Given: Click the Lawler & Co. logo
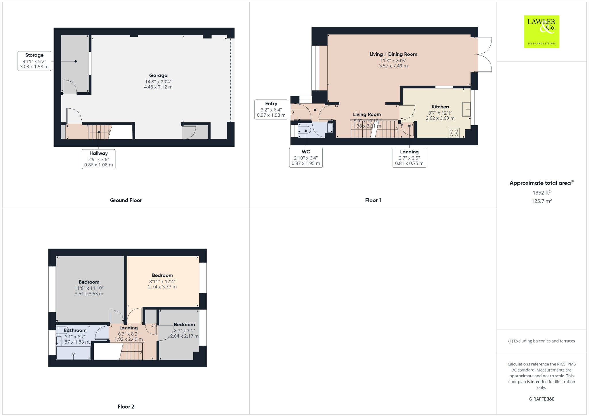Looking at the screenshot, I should tap(541, 32).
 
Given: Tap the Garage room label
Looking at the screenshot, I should tap(158, 76).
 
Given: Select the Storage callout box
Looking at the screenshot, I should tap(34, 61).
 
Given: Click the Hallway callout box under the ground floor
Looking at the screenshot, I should tap(98, 159).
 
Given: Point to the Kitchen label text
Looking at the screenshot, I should tap(440, 107).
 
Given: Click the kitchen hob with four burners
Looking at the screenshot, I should tap(454, 133).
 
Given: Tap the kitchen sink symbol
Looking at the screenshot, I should tap(466, 109).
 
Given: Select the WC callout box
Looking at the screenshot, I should tap(306, 157).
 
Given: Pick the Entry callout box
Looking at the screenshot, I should tap(271, 109).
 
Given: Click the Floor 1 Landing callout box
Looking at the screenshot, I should tap(409, 157).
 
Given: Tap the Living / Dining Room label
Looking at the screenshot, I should tap(393, 54).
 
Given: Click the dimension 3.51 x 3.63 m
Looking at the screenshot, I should tap(89, 294).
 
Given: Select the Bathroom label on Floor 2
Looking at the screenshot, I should tap(75, 330).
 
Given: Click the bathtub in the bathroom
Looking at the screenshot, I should tap(74, 353).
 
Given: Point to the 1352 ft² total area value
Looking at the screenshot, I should tap(541, 193).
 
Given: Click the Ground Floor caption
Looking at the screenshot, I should tap(126, 200).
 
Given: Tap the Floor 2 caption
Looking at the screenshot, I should tap(126, 407).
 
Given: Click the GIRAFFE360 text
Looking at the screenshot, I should tap(541, 399).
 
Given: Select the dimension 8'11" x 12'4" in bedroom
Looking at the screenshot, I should tap(162, 282).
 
